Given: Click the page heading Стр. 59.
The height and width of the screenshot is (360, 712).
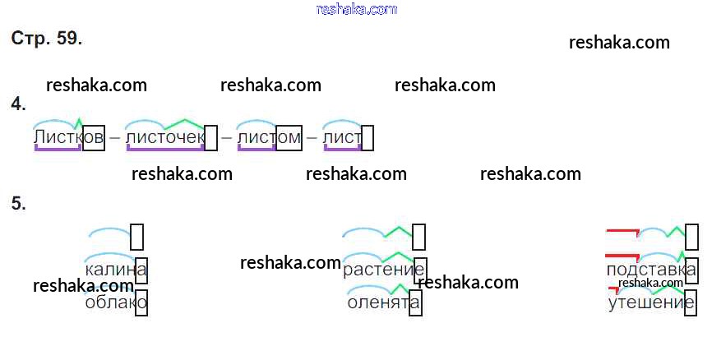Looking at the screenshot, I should coord(47,39).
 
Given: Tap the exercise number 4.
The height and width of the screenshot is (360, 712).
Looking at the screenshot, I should coord(18,104).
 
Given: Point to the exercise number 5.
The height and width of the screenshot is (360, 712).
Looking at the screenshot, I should coord(18,204).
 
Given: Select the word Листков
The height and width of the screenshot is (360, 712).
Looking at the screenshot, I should coord(69,137).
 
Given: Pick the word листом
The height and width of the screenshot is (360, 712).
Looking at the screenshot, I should coord(269,137).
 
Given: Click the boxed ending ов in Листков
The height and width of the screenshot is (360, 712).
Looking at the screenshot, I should coord(94,137).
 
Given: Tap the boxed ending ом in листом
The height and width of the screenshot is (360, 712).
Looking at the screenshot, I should coord(289,137).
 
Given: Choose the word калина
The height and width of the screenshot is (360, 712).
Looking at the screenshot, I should coord(115,270).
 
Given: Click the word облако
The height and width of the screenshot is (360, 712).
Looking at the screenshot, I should coord(115,302).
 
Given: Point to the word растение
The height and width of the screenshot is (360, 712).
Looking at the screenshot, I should coord(384,270).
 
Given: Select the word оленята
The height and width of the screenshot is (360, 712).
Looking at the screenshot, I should coord(384,302).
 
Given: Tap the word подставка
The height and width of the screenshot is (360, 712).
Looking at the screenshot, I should coord(650,270).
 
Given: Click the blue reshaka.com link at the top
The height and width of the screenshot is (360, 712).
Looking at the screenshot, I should coord(356,9).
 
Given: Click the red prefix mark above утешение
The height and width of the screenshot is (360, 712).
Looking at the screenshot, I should coord(613,289).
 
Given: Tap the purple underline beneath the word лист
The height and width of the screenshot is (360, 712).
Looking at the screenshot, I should coord(342,149).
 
